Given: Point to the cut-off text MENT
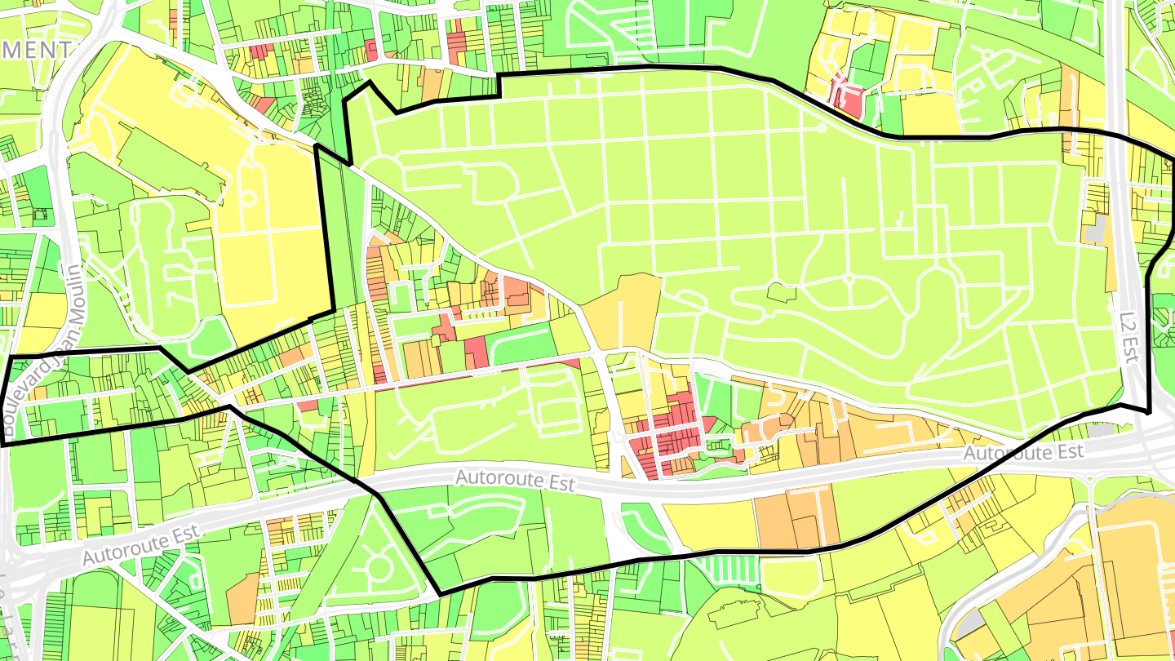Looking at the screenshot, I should (x=36, y=50).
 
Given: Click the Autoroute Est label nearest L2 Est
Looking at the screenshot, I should (x=1023, y=453).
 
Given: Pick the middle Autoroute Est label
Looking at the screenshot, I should (x=515, y=480).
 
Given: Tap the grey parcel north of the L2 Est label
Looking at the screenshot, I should (x=1097, y=228).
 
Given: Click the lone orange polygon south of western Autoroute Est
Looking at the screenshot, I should (x=242, y=598).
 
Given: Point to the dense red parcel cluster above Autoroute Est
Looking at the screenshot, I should (x=665, y=437).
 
